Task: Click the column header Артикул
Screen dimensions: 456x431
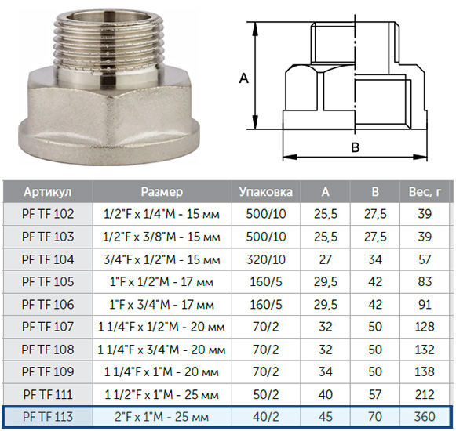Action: point(48,192)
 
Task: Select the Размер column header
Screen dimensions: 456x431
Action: point(162,192)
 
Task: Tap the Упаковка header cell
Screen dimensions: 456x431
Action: point(266,192)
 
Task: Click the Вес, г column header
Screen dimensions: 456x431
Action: point(425,192)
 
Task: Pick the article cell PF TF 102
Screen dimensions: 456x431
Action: point(48,214)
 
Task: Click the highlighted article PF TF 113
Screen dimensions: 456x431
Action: point(48,417)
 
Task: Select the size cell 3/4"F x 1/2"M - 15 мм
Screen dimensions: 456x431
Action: point(162,259)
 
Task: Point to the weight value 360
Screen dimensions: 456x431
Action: point(425,417)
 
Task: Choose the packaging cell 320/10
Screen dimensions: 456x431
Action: point(266,259)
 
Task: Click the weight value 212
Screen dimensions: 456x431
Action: point(425,394)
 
